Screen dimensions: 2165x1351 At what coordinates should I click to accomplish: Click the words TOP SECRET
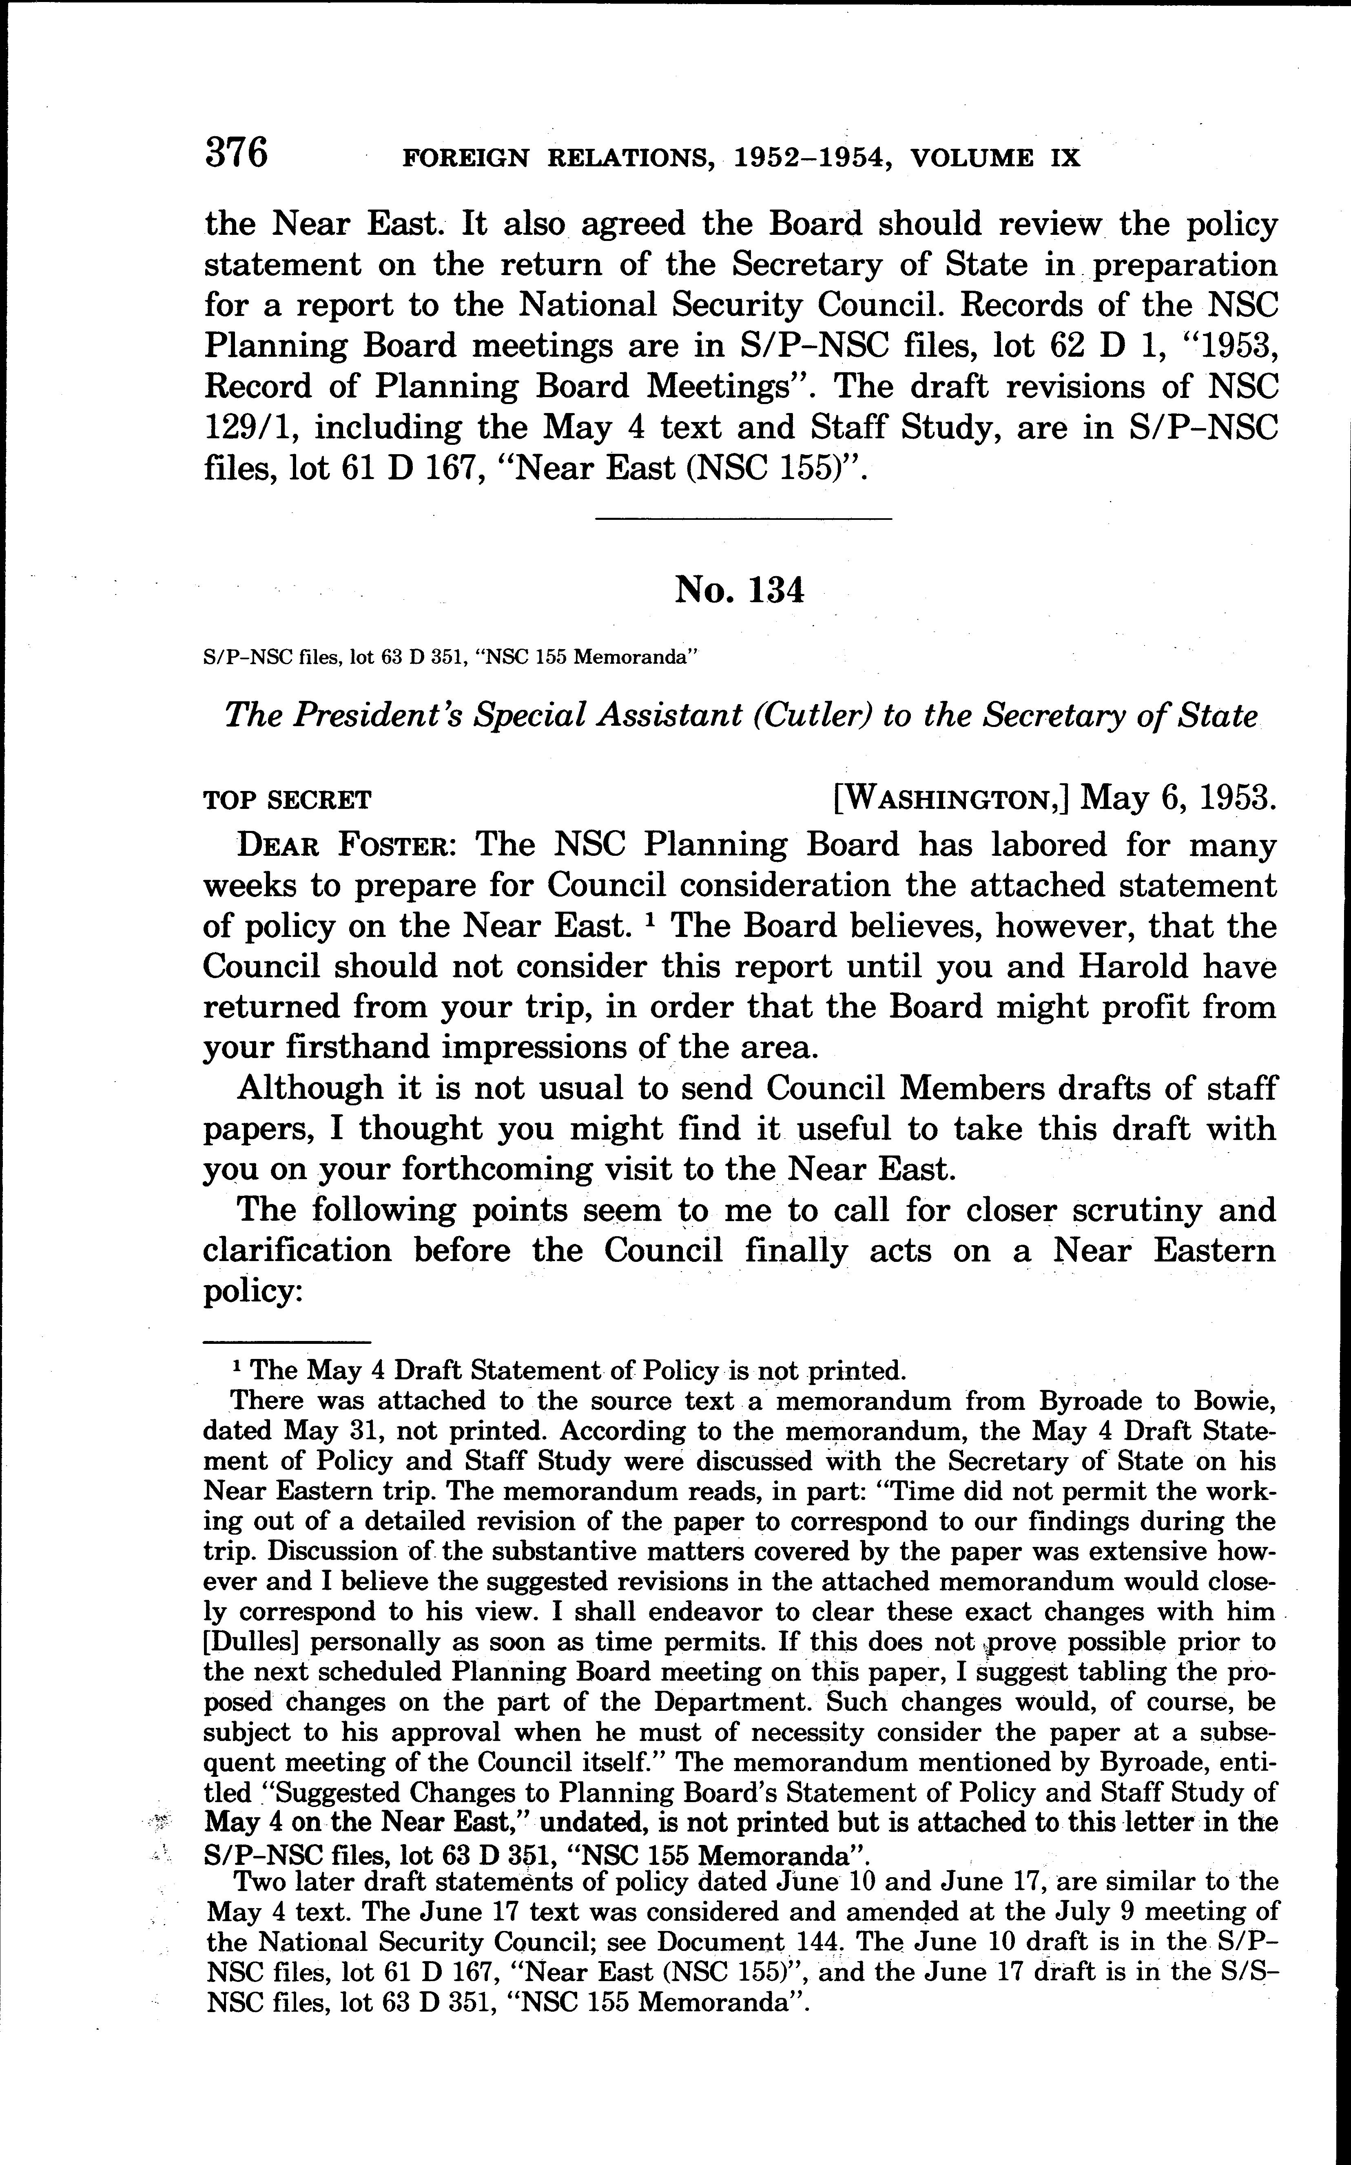(287, 800)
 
